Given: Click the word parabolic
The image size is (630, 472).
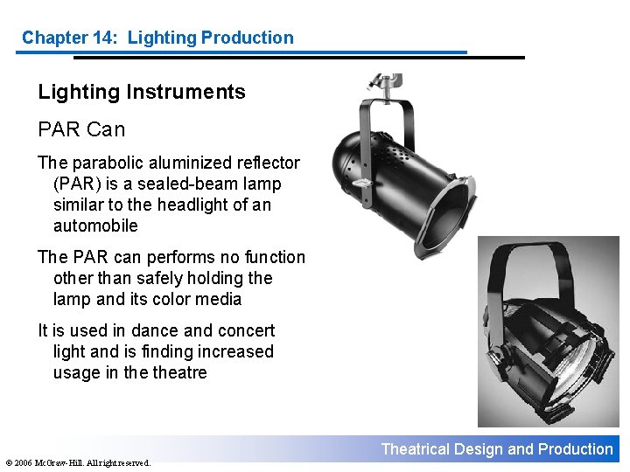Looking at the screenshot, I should (105, 163).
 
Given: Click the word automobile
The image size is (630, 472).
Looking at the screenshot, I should (95, 226).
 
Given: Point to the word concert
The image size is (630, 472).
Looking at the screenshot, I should (245, 330).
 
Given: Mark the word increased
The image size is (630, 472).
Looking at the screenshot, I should (237, 351).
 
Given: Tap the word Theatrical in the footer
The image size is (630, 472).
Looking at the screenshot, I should (416, 449).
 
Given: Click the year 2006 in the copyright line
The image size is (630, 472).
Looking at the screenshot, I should (24, 462).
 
